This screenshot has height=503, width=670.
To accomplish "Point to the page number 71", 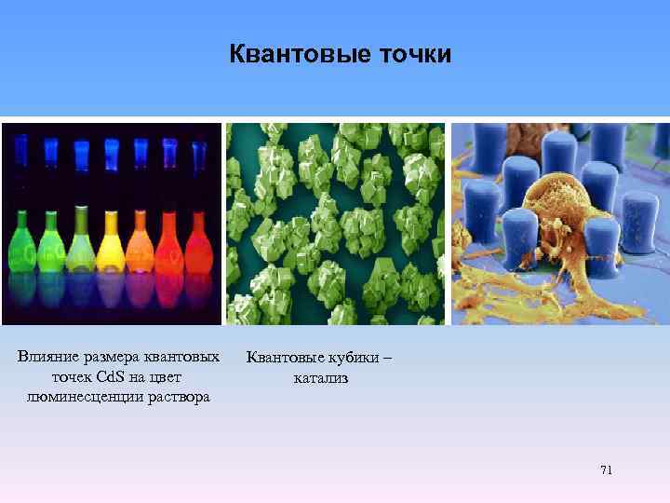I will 606,470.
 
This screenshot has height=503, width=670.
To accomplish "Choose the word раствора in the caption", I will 177,397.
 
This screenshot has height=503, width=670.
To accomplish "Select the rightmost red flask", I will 198,244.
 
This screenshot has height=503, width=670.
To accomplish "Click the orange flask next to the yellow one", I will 141,244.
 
